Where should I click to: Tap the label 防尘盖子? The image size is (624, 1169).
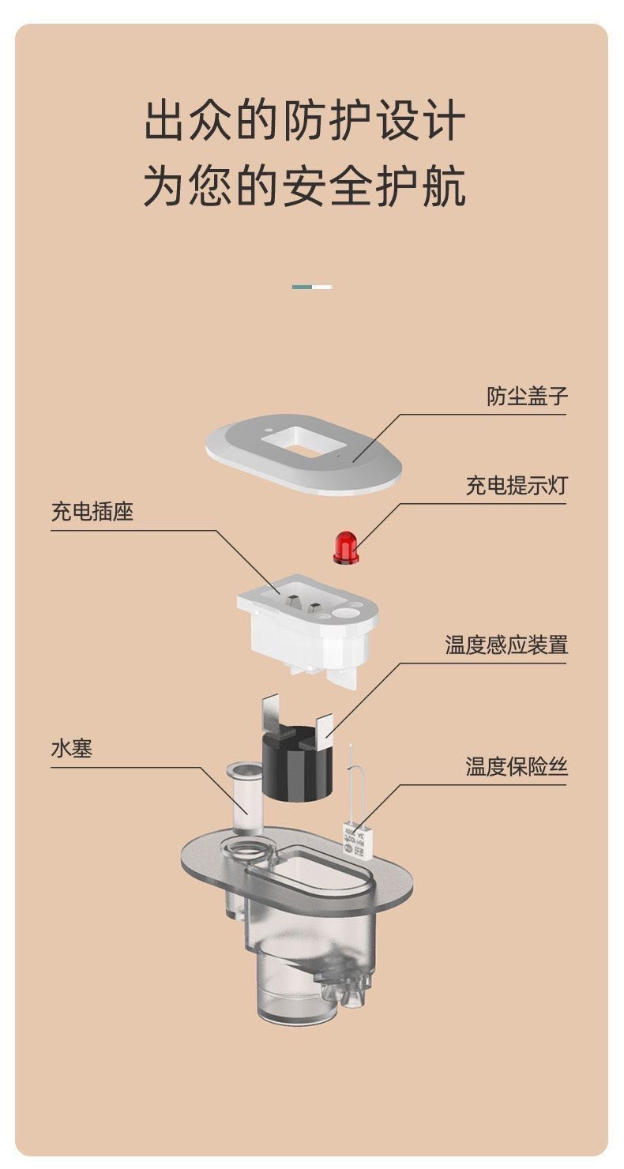[527, 396]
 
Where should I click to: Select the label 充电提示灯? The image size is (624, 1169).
[517, 486]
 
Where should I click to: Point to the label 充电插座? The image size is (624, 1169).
[92, 512]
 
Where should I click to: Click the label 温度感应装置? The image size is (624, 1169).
[506, 645]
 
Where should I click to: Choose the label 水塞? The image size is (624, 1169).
[72, 748]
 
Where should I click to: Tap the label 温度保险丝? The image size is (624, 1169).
[517, 766]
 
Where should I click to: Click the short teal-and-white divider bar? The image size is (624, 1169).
[312, 287]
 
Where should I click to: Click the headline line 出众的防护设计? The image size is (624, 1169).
[305, 122]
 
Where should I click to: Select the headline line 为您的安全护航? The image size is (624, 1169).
[305, 187]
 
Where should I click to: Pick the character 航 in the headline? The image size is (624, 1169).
[443, 187]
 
